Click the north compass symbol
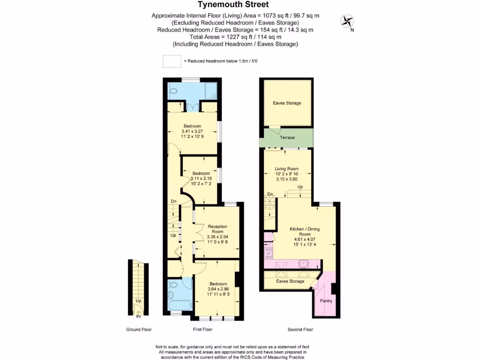[x=347, y=21]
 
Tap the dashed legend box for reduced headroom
[x=172, y=61]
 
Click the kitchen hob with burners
[x=269, y=253]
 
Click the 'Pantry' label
[x=326, y=300]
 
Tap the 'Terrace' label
[x=287, y=137]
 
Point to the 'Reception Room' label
[x=217, y=228]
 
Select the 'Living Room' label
[x=286, y=169]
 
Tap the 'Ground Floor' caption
[x=139, y=330]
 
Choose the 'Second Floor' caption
[x=300, y=330]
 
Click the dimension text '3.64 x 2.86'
[x=218, y=289]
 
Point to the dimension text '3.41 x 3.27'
[x=192, y=132]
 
